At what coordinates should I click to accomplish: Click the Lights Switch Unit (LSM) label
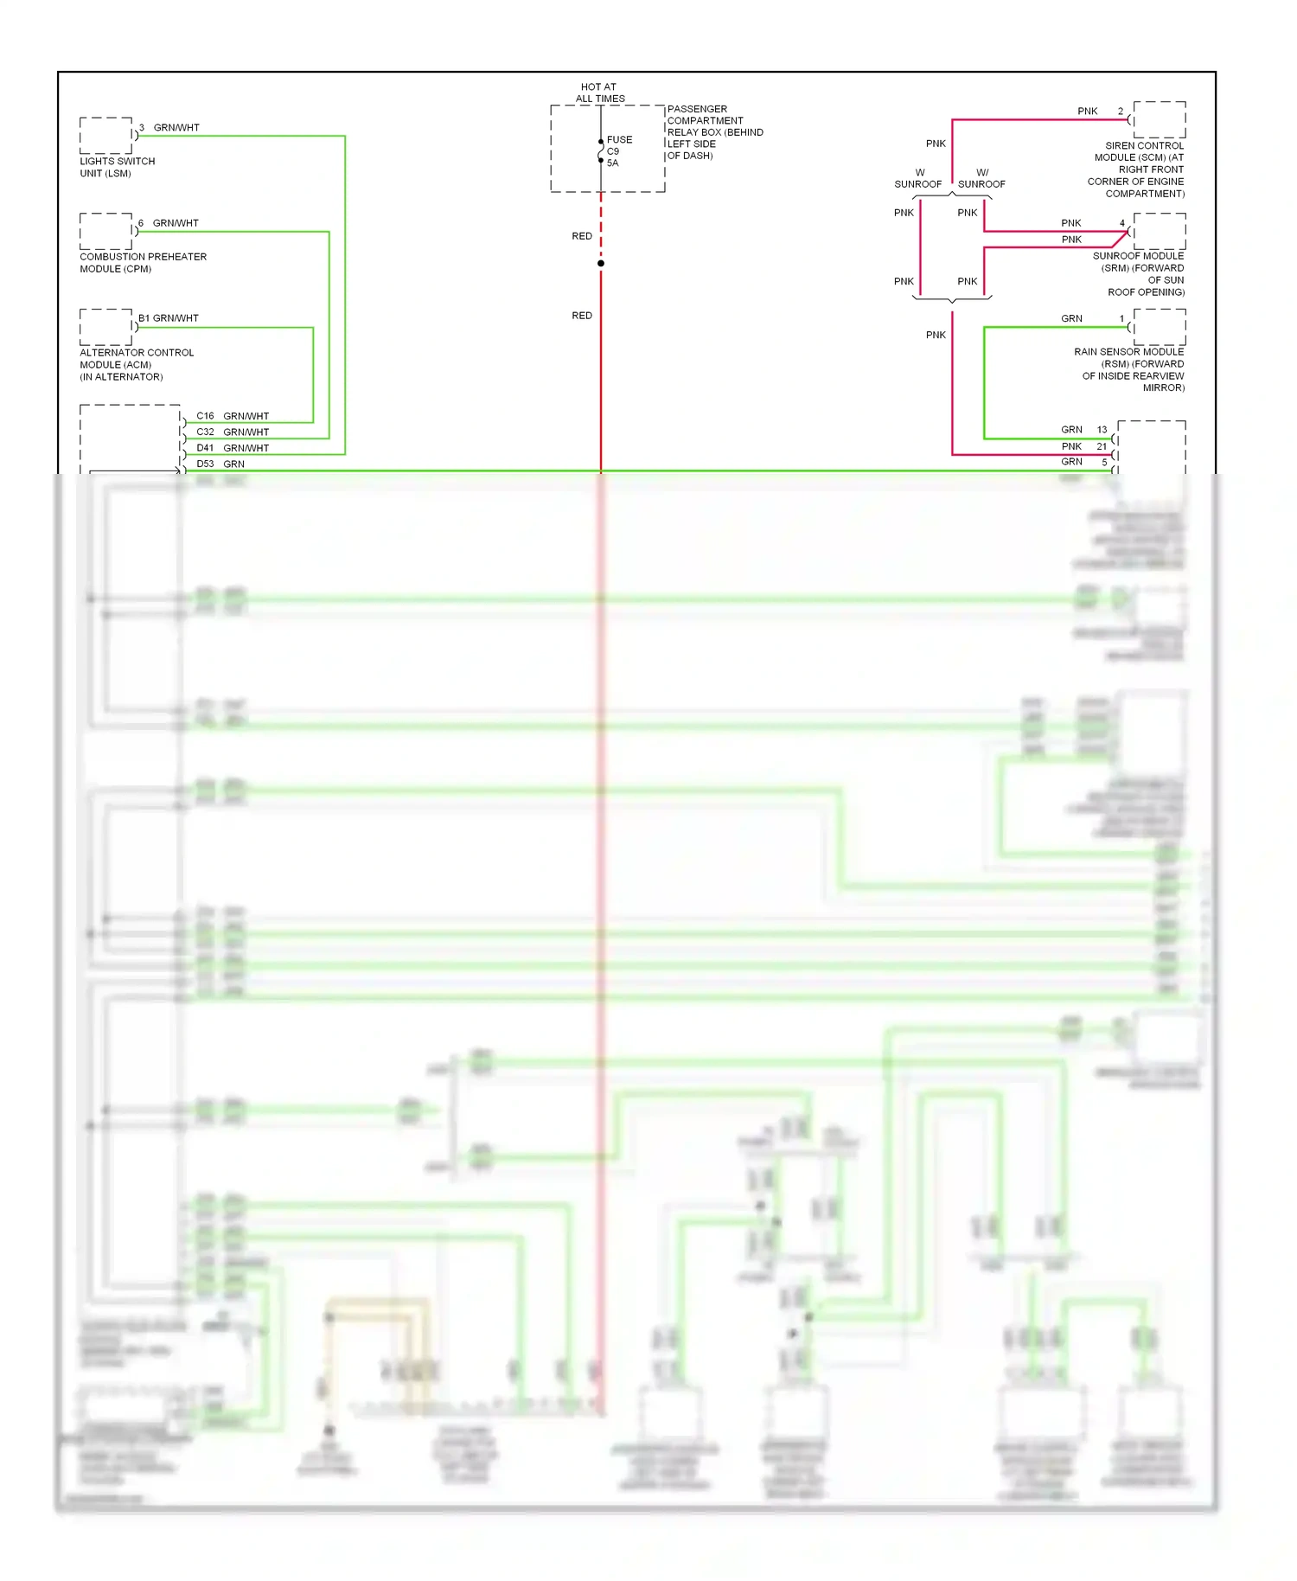118,167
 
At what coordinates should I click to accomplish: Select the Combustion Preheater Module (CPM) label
143,263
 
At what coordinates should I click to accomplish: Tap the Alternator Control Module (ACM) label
136,364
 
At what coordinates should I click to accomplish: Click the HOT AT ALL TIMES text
599,93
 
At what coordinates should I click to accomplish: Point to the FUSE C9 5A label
619,150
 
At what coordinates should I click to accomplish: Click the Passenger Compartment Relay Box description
714,132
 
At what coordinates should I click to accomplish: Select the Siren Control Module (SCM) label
1136,170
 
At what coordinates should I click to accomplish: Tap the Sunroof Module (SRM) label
1139,273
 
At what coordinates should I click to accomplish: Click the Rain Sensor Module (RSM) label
1129,369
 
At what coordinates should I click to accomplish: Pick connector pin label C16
205,416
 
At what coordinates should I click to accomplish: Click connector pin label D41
205,448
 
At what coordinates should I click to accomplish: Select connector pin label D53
205,464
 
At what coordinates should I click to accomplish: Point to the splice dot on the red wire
601,263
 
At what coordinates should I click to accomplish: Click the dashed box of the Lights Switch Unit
105,136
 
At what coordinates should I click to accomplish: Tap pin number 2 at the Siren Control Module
1121,112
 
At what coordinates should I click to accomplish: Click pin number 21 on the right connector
1102,446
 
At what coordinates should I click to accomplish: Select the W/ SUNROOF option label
981,178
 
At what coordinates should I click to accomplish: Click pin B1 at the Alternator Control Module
144,318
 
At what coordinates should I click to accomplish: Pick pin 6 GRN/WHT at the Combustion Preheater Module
141,223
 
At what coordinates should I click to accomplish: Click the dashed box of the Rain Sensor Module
1160,327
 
